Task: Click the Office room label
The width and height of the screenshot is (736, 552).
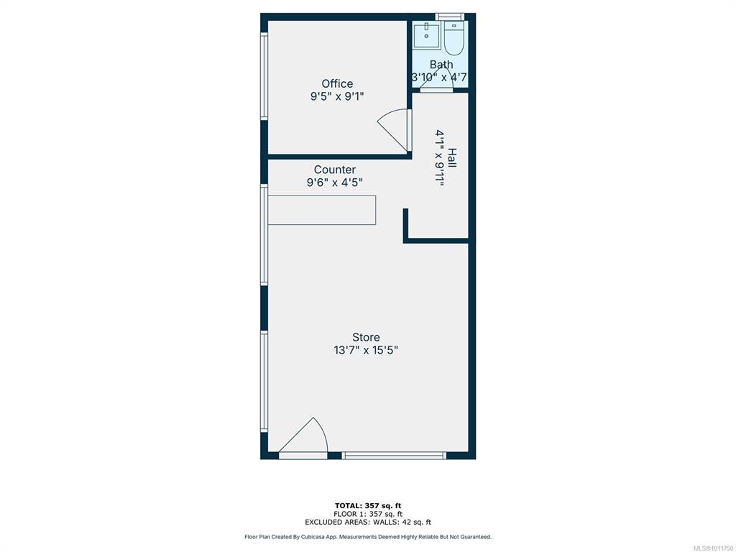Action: point(337,83)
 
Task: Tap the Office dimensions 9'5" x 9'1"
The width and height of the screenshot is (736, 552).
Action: point(337,97)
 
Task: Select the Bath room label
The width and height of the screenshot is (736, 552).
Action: point(441,64)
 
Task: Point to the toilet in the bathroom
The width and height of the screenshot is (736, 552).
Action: point(454,37)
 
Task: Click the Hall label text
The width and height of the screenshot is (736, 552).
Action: point(452,157)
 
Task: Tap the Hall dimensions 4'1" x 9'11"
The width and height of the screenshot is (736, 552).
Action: point(440,158)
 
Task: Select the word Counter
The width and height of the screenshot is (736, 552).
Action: point(335,170)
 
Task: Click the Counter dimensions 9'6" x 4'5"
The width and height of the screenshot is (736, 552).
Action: point(335,182)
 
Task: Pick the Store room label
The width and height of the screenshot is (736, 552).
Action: point(366,337)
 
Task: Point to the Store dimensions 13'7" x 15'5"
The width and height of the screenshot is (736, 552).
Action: point(366,350)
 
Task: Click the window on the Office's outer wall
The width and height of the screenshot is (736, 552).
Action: point(264,76)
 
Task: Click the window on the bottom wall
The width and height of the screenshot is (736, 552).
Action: point(394,455)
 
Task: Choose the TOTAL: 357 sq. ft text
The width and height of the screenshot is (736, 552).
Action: point(368,505)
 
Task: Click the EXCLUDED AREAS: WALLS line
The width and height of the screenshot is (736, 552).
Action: point(368,522)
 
